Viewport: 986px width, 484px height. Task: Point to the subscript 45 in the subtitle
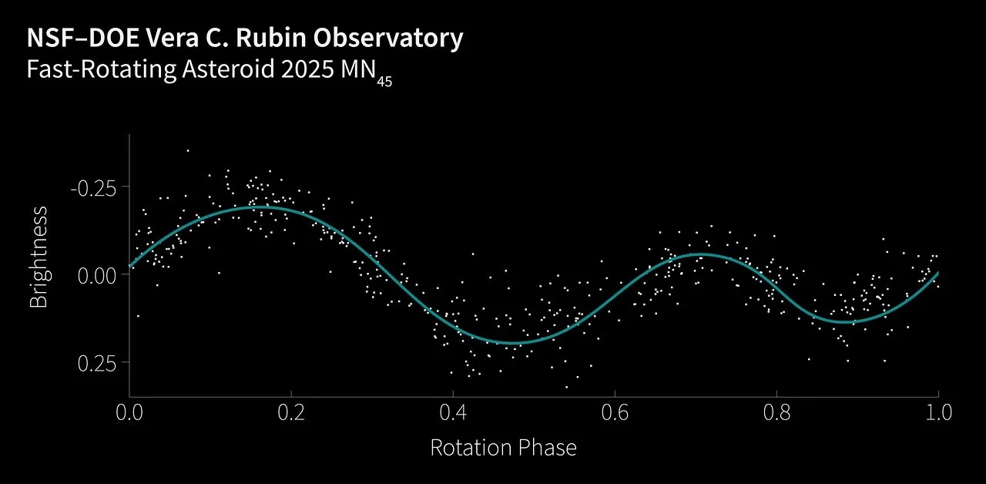tap(384, 82)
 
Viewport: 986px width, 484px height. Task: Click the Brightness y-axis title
tap(39, 257)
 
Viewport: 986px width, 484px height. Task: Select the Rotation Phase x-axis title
tap(503, 447)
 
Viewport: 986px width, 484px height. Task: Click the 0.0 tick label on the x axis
tap(129, 412)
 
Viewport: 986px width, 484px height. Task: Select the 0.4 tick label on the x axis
tap(453, 412)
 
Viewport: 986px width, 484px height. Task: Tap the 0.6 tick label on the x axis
tap(615, 412)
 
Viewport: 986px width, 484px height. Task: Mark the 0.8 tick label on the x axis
tap(776, 412)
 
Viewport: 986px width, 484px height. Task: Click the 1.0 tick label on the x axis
tap(937, 412)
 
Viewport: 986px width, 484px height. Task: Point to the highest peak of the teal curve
tap(260, 207)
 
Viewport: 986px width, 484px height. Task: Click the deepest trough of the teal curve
tap(512, 343)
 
